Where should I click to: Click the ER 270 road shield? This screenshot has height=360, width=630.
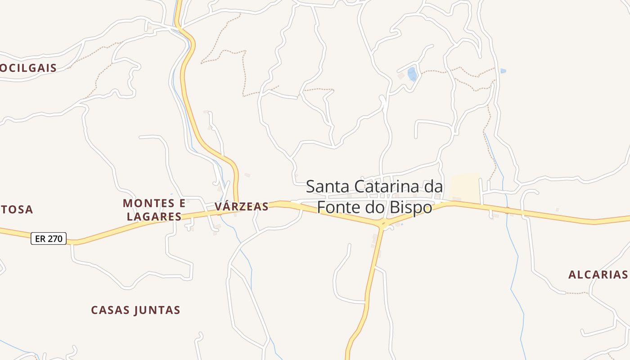coord(49,238)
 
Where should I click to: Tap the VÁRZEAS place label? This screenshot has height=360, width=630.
coord(242,207)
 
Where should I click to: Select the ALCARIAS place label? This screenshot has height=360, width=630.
coord(598,274)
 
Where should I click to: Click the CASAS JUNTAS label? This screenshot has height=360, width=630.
coord(135,310)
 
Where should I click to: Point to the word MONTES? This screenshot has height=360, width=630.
coord(144,203)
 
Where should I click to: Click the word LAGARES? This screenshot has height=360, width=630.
coord(154,216)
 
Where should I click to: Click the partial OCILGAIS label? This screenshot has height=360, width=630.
coord(28,68)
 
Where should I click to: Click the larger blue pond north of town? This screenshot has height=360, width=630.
coord(412,74)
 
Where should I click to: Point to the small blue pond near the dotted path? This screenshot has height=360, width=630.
coord(503,71)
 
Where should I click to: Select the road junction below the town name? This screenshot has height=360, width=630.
coord(382,224)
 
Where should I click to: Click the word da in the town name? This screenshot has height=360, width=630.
coord(433,186)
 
